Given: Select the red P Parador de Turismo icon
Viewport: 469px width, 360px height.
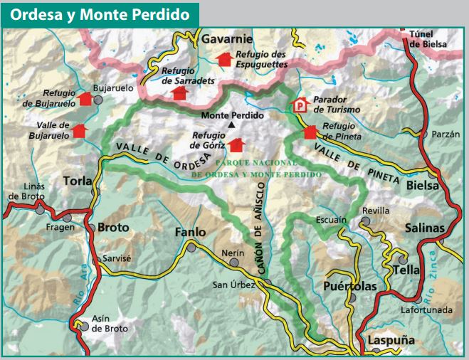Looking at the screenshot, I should pos(301,105).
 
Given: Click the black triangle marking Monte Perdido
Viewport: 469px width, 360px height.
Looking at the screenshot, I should pos(231,125).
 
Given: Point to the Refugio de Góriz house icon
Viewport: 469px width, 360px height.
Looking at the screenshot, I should pos(236,145).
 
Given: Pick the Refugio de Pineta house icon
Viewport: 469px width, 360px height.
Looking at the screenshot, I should pos(310,132).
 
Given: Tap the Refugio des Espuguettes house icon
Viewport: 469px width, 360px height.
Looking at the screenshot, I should pos(224,59).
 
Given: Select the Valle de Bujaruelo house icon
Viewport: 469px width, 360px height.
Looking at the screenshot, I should pos(78,131).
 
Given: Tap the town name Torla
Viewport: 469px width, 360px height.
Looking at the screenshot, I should pos(78,181).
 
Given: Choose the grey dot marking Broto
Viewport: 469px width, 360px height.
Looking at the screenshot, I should pos(92,228).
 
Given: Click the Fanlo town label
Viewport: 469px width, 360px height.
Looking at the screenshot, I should pos(190,232).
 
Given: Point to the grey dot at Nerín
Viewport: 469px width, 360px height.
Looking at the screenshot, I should pos(234,263).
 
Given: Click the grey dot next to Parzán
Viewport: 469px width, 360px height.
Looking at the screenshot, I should pos(424,134).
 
